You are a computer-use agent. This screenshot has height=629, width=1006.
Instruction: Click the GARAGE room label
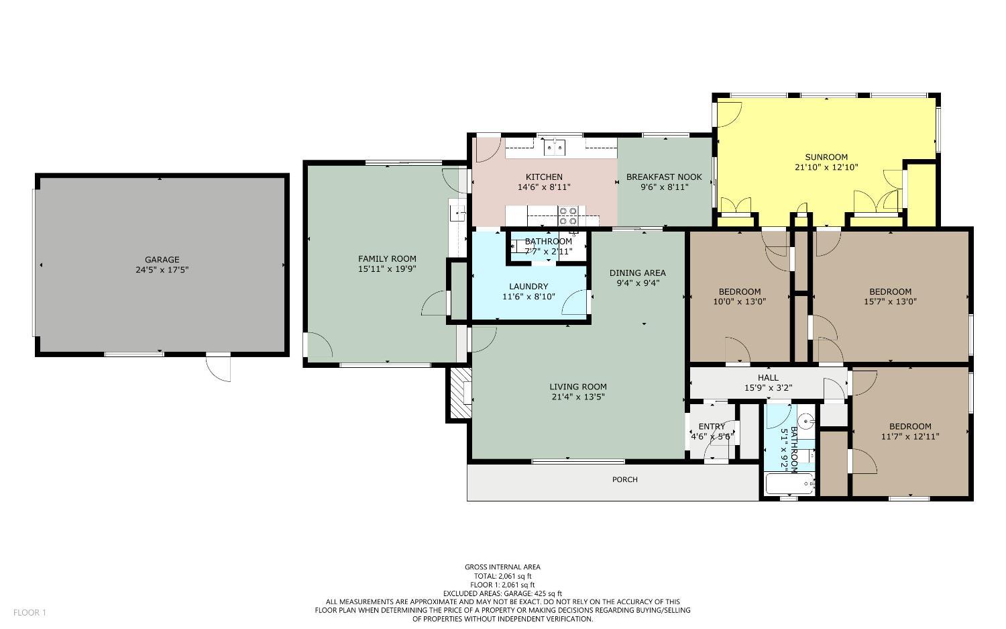point(162,260)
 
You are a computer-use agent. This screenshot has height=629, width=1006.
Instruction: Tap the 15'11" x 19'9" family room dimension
point(387,269)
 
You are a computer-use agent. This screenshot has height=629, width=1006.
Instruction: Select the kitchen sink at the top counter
point(554,146)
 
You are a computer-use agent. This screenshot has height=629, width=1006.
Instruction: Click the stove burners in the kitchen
point(569,215)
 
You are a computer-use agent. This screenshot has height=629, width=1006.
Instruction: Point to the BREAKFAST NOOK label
point(664,177)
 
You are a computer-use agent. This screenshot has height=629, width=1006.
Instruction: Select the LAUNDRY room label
point(528,287)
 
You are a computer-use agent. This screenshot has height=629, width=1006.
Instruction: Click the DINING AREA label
point(637,273)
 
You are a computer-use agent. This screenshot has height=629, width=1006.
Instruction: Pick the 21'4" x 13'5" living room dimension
point(578,397)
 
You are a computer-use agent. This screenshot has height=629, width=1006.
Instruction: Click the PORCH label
point(625,479)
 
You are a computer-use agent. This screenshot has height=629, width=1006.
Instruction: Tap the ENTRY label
point(712,426)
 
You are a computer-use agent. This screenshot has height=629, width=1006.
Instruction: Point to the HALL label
point(768,378)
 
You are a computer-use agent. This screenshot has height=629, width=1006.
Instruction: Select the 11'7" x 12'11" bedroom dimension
point(910,436)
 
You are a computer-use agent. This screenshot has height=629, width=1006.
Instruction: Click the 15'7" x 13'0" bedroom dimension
point(890,301)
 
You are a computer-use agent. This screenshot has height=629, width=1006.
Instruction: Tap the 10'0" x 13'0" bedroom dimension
point(740,301)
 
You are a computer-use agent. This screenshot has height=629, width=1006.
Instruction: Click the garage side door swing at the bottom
point(219,368)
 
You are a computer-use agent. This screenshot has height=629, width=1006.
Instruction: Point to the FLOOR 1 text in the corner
point(30,612)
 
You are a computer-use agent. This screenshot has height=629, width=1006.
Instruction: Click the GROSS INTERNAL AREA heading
point(502,567)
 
